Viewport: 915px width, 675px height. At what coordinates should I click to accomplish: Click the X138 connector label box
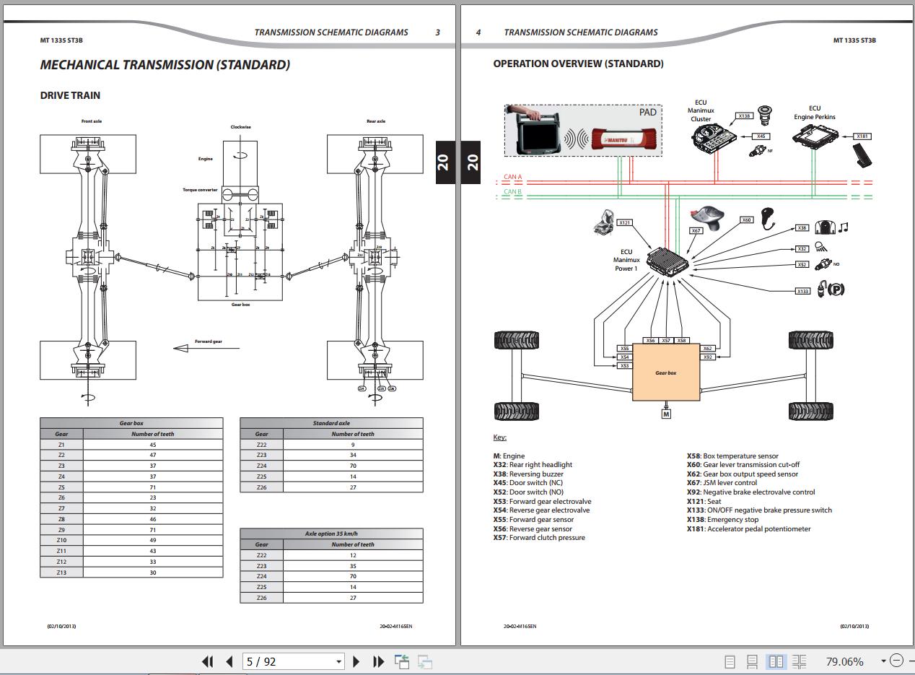(744, 116)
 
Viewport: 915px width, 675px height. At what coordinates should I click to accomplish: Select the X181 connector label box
(862, 136)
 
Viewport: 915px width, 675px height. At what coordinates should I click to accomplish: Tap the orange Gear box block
(665, 372)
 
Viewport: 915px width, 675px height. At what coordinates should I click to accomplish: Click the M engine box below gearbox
(665, 414)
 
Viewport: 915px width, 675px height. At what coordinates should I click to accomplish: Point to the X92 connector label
(707, 357)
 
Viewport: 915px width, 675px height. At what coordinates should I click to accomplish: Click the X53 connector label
(624, 366)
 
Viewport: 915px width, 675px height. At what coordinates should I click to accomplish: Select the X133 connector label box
(802, 291)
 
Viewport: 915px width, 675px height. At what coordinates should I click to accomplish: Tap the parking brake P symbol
(836, 289)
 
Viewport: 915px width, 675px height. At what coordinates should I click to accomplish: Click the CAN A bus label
(512, 177)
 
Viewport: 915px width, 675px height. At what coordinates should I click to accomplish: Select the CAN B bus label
(512, 192)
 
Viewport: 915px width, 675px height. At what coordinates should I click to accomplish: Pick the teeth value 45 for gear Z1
(153, 445)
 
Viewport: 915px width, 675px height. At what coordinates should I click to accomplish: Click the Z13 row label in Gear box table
(61, 572)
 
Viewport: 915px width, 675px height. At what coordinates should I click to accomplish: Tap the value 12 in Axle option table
(353, 555)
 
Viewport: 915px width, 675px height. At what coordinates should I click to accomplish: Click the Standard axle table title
(331, 423)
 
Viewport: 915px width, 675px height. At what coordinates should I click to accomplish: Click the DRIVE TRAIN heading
(70, 95)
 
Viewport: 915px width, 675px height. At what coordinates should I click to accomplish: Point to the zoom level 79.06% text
(844, 661)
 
